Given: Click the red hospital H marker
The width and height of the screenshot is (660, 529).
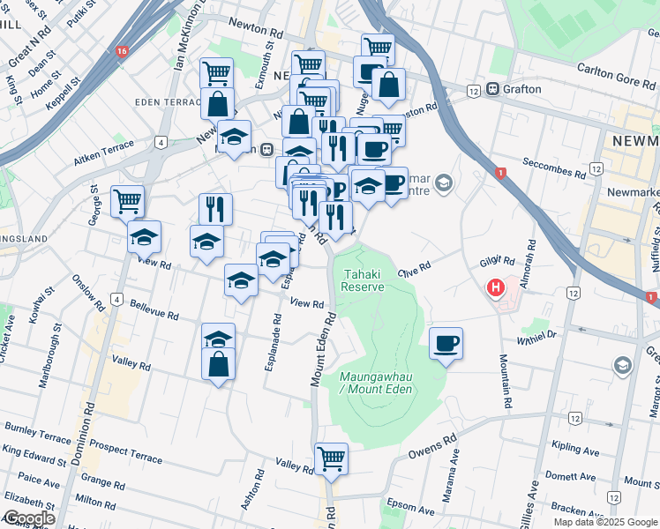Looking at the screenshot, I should pos(496,287).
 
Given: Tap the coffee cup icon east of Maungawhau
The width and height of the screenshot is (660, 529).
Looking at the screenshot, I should pos(446,342).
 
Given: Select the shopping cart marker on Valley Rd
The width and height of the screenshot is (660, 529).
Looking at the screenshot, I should pos(331,458).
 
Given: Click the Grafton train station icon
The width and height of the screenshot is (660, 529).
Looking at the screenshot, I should pos(492,89).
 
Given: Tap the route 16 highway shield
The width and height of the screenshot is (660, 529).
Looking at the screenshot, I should pos(121,52).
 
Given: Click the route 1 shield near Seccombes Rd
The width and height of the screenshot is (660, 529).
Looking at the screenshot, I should pos(499,173).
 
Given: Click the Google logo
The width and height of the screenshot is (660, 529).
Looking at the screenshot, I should pos(29,518).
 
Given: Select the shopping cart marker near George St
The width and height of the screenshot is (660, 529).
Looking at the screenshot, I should pos(128,200).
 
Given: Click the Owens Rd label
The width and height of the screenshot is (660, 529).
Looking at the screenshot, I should pos(432,449).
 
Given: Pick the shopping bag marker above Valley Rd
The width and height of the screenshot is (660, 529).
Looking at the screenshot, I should pos(219,362).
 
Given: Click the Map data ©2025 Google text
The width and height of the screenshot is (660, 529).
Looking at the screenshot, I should pos(604,522).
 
